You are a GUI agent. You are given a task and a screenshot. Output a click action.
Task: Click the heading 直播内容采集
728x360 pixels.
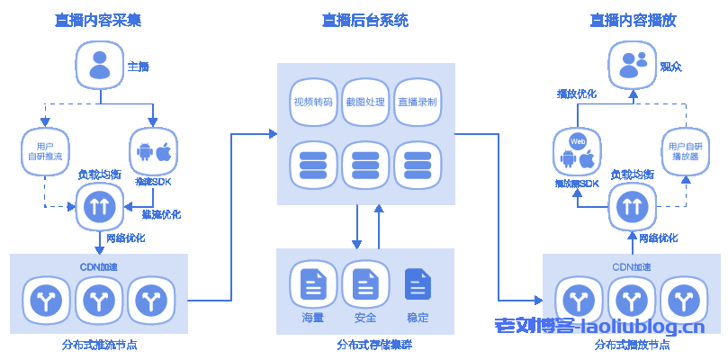coord(98,20)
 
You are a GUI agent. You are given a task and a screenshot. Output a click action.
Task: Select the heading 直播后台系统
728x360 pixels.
coord(365,20)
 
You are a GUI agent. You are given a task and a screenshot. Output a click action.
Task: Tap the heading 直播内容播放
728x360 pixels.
coord(633,20)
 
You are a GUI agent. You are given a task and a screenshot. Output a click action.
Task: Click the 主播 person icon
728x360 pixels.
coord(99,67)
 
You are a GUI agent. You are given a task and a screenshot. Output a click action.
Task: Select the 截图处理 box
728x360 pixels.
coord(365,102)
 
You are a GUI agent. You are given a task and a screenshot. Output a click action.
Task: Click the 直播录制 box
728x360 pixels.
coord(418,102)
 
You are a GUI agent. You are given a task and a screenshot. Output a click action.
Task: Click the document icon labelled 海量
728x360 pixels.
coord(313,284)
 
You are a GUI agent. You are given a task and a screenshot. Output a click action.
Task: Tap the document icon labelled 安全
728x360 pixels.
coord(365,284)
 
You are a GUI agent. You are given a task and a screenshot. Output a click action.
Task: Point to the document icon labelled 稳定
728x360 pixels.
coord(418,284)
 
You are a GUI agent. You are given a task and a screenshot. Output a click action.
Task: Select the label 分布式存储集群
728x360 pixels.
coord(365,345)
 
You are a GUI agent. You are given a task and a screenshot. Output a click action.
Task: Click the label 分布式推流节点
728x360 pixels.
coord(99,345)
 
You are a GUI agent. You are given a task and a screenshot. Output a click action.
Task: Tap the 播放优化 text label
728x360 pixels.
coord(577,94)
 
